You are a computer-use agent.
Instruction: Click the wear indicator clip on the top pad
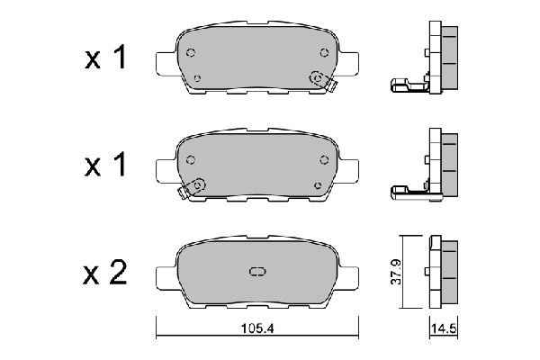(319, 80)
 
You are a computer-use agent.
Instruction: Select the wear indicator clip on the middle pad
(193, 186)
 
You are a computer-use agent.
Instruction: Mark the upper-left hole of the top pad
(190, 53)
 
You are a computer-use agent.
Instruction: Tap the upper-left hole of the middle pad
(190, 159)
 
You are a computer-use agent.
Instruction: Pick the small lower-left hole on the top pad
(197, 77)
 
